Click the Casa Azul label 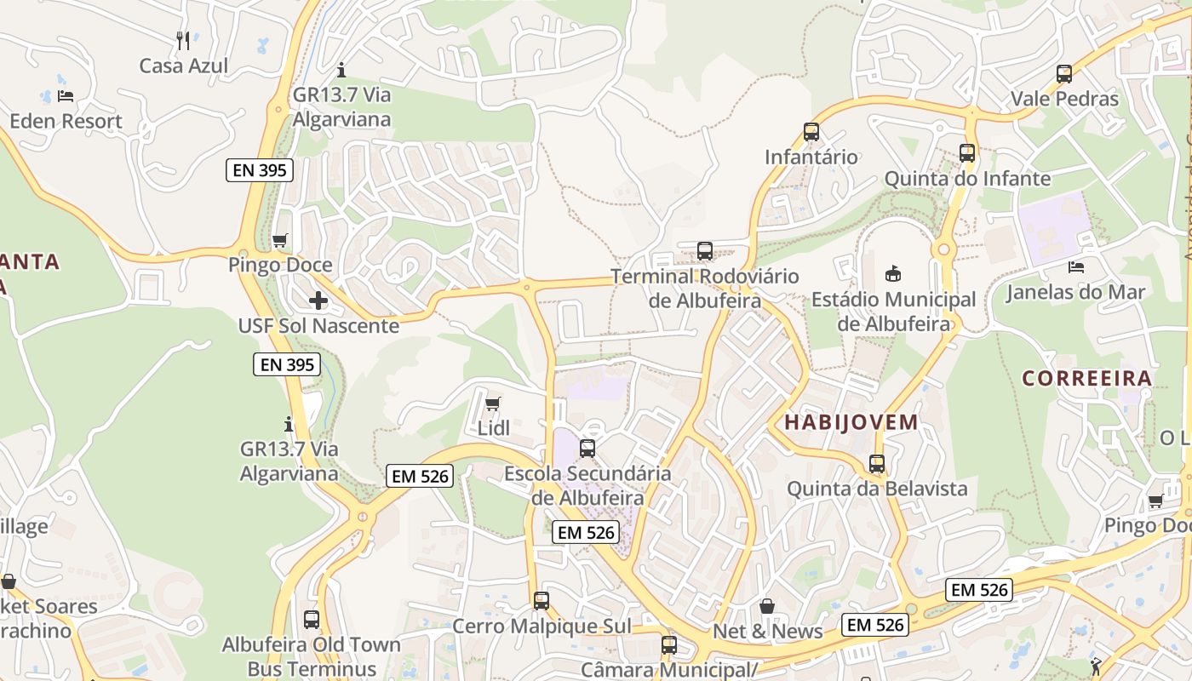tap(184, 66)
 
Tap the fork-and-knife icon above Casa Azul tap(183, 40)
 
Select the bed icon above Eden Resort tap(66, 95)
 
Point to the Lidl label tap(493, 428)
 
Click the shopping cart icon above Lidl tap(492, 403)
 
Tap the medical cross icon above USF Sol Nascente tap(318, 300)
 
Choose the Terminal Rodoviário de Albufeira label tap(705, 289)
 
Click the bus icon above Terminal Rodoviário tap(705, 251)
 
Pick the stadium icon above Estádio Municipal tap(893, 274)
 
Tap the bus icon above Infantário tap(811, 132)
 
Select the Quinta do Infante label tap(967, 179)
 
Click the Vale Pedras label tap(1064, 99)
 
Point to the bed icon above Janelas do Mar tap(1075, 267)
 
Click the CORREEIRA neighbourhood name tap(1087, 378)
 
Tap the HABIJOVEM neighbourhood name tap(851, 422)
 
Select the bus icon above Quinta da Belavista tap(877, 464)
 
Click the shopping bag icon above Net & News tap(767, 606)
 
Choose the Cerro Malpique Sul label tap(542, 627)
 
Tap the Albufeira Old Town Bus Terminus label tap(312, 656)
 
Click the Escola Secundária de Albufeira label tap(587, 484)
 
